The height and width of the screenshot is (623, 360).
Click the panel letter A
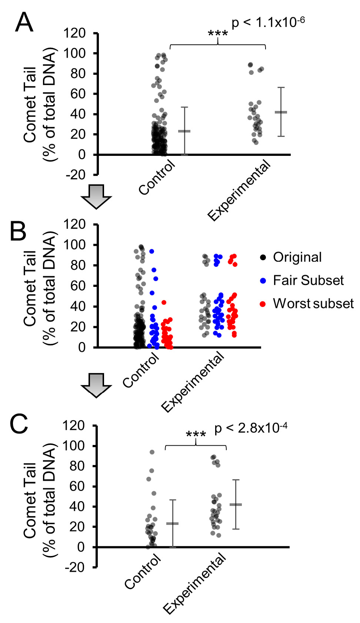[24, 23]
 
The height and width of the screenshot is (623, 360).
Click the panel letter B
[18, 231]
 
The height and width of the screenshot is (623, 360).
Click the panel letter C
[19, 424]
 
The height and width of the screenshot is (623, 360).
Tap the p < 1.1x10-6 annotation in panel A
[268, 23]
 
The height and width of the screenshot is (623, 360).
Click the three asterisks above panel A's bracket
[218, 34]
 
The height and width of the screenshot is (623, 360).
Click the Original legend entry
[297, 257]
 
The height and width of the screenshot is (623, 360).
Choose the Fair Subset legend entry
[308, 280]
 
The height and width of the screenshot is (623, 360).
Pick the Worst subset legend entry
[313, 304]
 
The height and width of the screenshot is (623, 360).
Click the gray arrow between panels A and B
[96, 197]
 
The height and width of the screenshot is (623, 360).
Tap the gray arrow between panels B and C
[96, 385]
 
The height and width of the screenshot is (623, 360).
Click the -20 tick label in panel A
[76, 175]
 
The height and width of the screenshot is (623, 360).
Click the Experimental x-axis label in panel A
[239, 191]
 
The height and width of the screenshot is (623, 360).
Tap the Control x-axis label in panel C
[143, 572]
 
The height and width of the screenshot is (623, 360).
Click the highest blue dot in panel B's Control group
[151, 251]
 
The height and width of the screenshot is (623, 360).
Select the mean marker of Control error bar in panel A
[184, 131]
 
